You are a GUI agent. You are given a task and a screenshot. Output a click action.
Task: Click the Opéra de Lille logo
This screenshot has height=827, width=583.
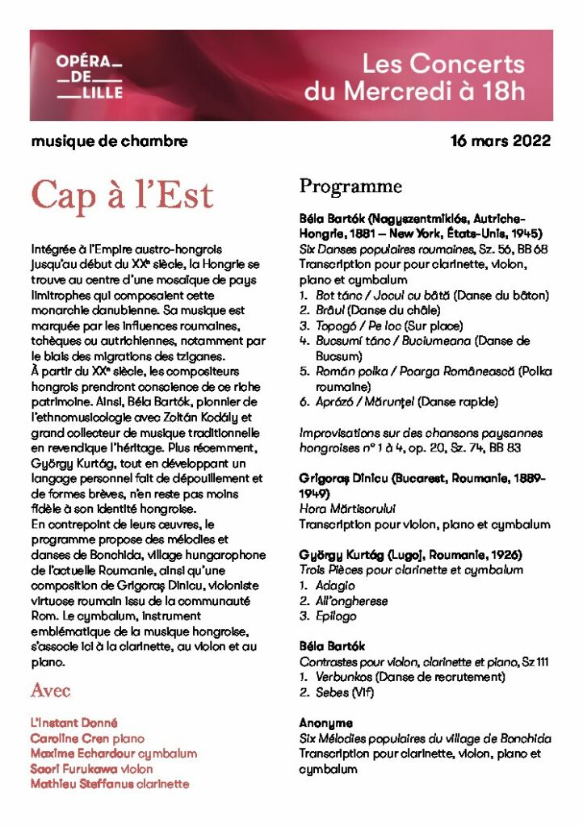click(90, 75)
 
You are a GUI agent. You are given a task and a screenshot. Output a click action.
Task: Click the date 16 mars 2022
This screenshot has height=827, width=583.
click(501, 141)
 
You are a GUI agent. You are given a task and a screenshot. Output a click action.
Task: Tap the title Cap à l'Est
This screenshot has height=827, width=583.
click(122, 195)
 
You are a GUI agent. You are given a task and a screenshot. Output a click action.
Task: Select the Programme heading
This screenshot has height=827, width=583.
click(350, 187)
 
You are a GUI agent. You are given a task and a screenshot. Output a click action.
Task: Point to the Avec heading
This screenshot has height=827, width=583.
click(50, 691)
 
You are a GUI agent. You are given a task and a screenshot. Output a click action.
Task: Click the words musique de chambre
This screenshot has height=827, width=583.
click(109, 141)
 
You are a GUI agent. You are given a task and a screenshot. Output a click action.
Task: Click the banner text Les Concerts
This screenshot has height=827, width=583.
click(442, 64)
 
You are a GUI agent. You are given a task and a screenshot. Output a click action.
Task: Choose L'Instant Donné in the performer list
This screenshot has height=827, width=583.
click(73, 723)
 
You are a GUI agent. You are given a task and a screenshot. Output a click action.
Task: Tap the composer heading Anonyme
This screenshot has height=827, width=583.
click(325, 723)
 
